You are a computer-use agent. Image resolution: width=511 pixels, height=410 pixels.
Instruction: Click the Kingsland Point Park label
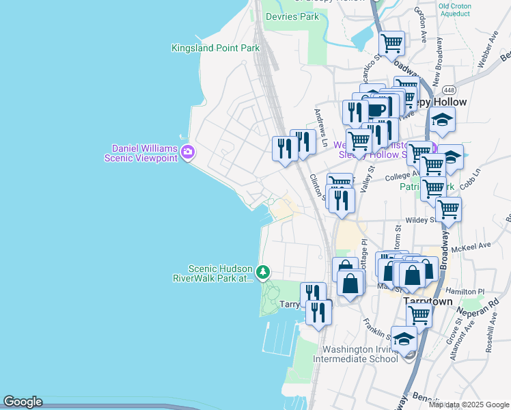point(215,48)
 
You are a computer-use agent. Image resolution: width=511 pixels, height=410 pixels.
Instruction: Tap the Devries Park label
point(292,16)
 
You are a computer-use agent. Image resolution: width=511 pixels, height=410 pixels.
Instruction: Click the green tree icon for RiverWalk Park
point(263,273)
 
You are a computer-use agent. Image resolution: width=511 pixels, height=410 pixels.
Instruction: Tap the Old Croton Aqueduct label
point(454,10)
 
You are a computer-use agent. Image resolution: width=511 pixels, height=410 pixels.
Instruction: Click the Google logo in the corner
point(23,402)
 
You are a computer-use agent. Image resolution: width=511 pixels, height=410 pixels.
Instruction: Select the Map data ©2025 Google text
point(469,405)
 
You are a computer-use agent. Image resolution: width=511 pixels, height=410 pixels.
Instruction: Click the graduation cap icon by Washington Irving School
point(404,340)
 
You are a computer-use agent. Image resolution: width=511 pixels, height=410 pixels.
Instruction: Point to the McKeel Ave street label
point(475,245)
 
